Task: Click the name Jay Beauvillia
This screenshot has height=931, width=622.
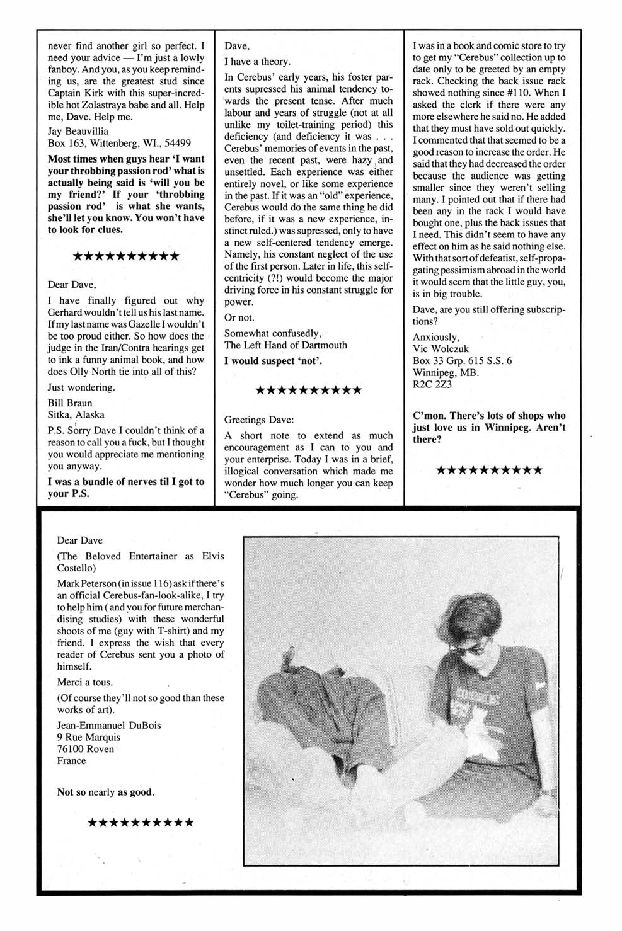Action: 78,131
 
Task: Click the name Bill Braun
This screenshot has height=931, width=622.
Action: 70,403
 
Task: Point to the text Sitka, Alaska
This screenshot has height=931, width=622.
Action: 76,415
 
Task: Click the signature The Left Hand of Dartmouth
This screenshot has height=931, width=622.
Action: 285,345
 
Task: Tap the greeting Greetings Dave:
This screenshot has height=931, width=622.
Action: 258,420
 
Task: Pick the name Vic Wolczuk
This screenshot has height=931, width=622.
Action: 441,349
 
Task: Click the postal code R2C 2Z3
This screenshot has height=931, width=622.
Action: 432,384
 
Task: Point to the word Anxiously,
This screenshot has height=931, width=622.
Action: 435,337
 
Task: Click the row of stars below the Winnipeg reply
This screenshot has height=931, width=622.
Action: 488,470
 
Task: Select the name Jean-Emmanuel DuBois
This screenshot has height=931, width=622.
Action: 108,725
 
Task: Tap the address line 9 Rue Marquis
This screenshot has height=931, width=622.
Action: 88,737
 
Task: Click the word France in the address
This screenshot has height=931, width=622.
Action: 71,761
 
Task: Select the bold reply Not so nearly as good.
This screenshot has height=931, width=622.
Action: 105,792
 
